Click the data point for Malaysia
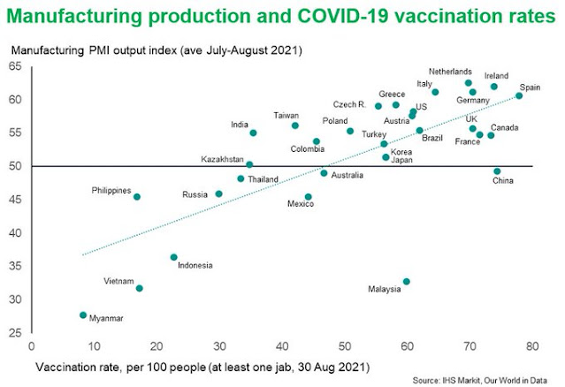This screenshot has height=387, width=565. tap(406, 282)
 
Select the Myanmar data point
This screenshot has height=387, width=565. tap(83, 315)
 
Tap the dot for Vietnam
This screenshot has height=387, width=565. tap(139, 288)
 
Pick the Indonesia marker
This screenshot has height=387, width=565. tap(173, 257)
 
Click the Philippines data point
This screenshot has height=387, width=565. tap(136, 197)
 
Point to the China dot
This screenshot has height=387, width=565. tap(497, 171)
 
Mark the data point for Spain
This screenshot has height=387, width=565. tap(519, 95)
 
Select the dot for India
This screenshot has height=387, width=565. tap(253, 133)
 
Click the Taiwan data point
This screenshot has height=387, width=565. tap(295, 125)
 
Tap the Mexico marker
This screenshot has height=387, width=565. tap(308, 197)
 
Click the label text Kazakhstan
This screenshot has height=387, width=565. tap(223, 160)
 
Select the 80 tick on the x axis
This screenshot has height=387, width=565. tap(531, 345)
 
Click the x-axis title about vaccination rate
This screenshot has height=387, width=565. tap(202, 365)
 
